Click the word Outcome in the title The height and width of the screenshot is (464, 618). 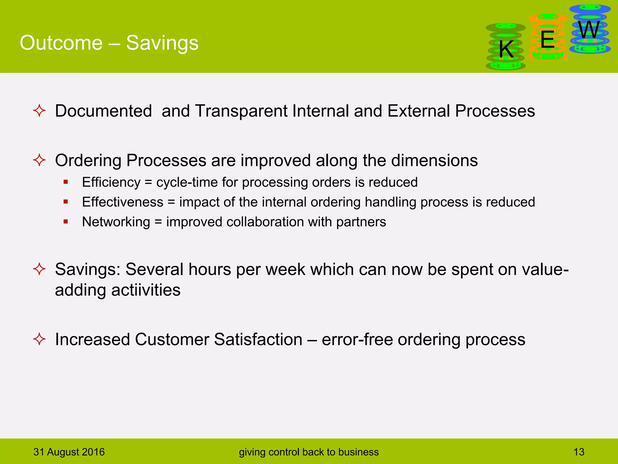[61, 43]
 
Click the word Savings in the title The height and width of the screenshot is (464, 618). [162, 43]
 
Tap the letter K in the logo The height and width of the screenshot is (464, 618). [506, 50]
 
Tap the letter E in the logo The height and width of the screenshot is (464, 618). [547, 40]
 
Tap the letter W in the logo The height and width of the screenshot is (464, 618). [589, 30]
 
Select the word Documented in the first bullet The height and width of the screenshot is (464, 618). [103, 111]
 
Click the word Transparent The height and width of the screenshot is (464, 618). [241, 111]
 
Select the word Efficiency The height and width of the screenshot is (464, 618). [111, 182]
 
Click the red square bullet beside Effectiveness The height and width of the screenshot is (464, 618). [66, 201]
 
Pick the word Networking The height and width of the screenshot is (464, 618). [116, 222]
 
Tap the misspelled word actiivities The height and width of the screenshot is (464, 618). [146, 290]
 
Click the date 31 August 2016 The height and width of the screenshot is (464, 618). [69, 452]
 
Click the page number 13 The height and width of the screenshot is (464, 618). [578, 452]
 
